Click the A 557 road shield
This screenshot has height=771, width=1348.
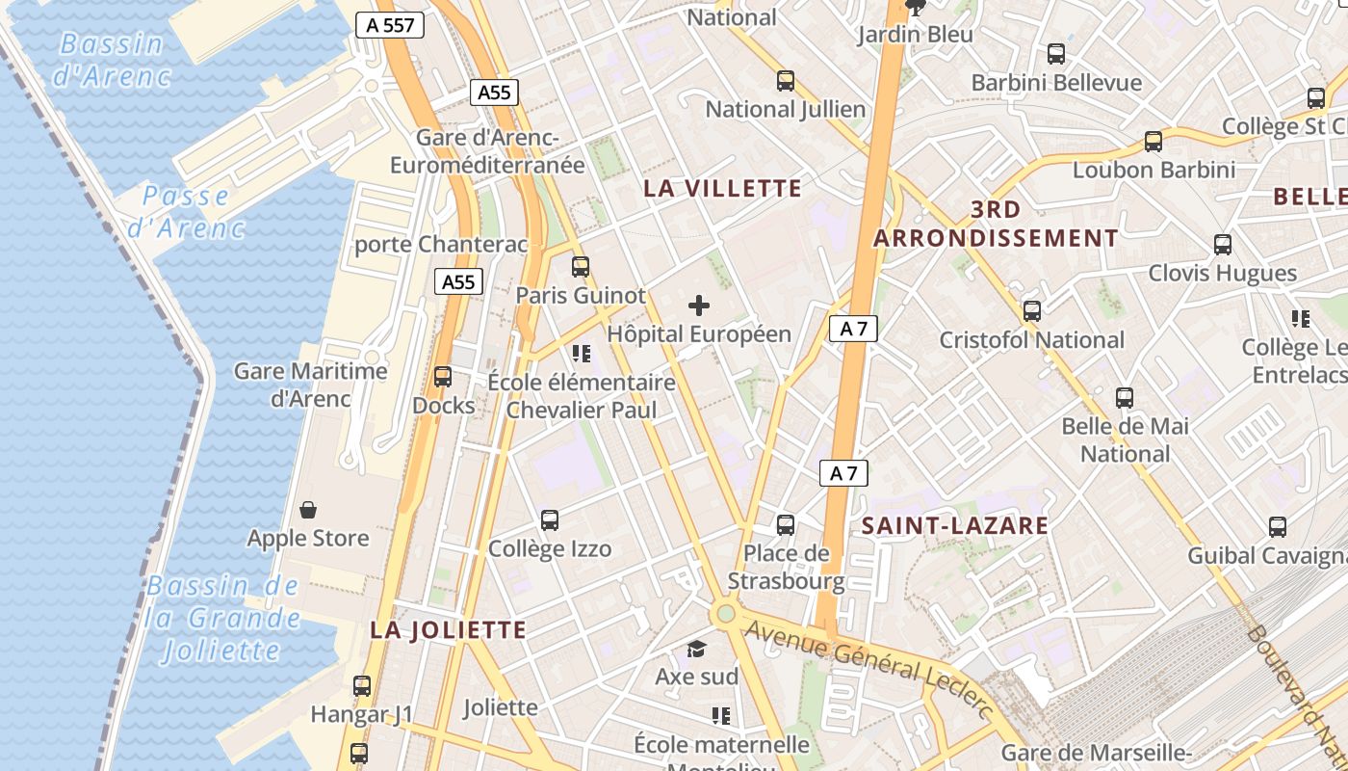[391, 25]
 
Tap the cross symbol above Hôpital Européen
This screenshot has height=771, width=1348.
[699, 306]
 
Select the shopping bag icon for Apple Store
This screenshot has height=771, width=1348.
[308, 509]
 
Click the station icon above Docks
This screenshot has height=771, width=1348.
[443, 377]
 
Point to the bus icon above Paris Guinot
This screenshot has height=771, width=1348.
[580, 267]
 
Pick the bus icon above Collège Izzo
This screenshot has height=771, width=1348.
[550, 520]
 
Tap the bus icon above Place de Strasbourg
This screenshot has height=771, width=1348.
[786, 525]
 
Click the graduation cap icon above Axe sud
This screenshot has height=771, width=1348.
[696, 650]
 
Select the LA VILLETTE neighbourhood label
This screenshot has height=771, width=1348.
[722, 189]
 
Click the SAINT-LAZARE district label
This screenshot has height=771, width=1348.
[954, 526]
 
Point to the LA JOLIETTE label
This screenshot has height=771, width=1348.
[449, 630]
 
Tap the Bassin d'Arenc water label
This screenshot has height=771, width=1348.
[112, 60]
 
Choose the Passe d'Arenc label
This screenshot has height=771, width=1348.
[186, 212]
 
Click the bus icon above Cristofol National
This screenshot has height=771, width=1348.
[1032, 311]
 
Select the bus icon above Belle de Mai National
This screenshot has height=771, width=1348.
[1125, 397]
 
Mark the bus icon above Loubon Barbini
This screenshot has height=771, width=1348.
[1154, 142]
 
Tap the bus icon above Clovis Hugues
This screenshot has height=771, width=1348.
[1223, 245]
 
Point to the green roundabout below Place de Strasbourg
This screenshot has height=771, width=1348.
[726, 614]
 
